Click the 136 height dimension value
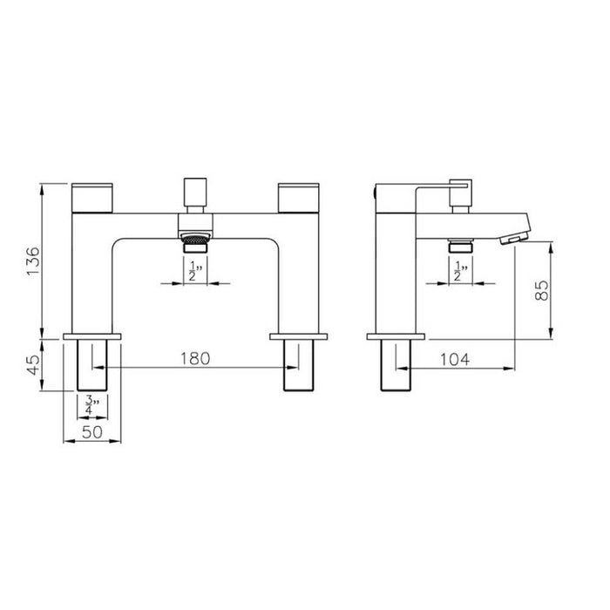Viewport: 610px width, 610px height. coord(31,261)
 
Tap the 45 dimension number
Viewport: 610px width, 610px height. coord(31,363)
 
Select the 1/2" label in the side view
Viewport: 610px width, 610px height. coord(457,274)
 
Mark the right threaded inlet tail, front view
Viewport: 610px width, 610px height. coord(297,366)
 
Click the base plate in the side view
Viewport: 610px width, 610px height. coord(396,335)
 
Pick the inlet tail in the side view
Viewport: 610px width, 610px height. coord(396,366)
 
